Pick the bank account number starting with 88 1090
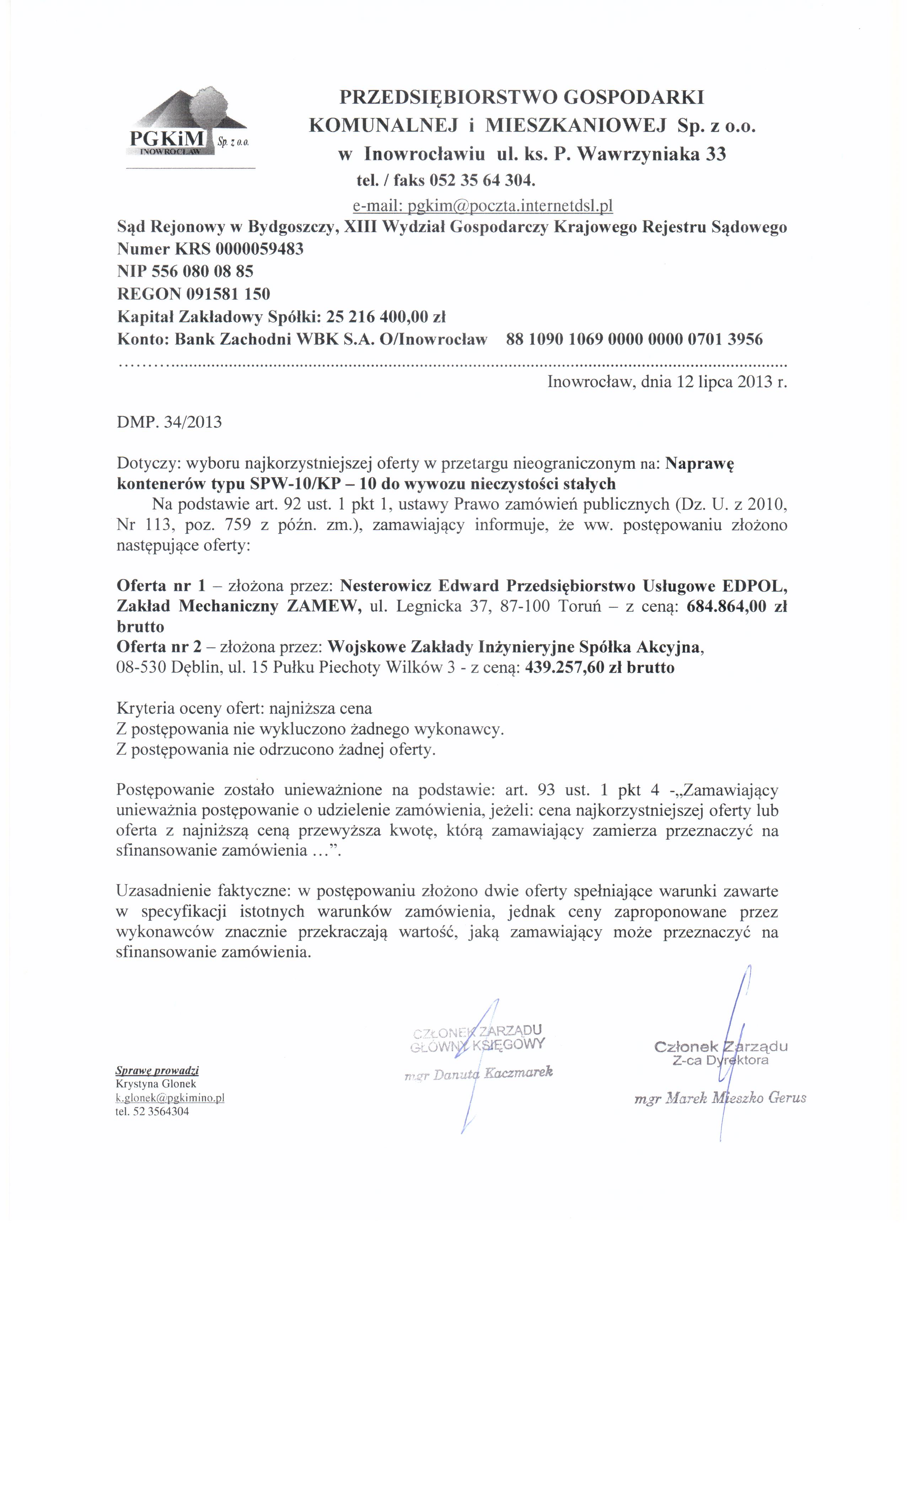pyautogui.click(x=634, y=339)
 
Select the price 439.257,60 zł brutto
pyautogui.click(x=600, y=668)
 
